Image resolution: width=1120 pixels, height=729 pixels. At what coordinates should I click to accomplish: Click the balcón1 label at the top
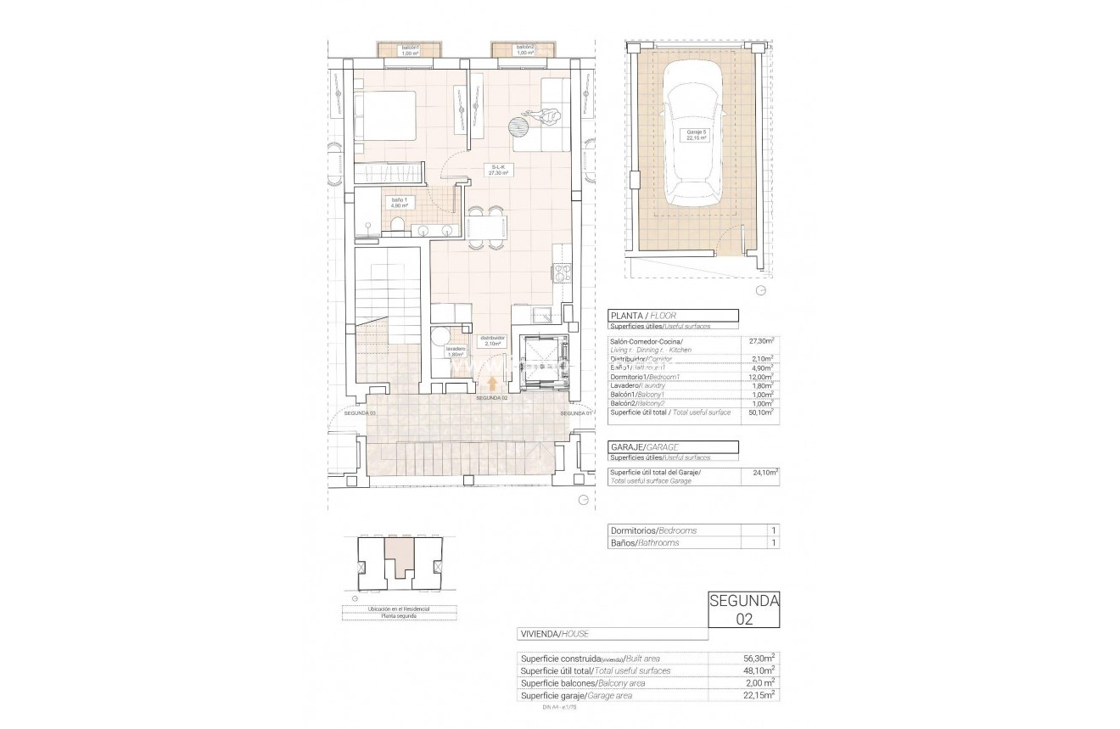(411, 50)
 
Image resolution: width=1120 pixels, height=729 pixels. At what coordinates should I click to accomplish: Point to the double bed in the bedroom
(386, 116)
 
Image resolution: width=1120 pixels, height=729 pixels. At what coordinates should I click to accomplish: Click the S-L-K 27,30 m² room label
(498, 169)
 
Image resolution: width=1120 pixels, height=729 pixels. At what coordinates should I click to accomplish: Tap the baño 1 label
(399, 203)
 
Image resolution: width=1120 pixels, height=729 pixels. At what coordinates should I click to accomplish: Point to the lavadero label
(456, 350)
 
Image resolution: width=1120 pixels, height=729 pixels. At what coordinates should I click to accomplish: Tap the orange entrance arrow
(492, 384)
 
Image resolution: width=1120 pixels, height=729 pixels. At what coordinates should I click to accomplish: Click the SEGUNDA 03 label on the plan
(361, 412)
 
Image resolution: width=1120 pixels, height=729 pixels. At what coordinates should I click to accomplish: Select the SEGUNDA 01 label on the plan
(575, 412)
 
